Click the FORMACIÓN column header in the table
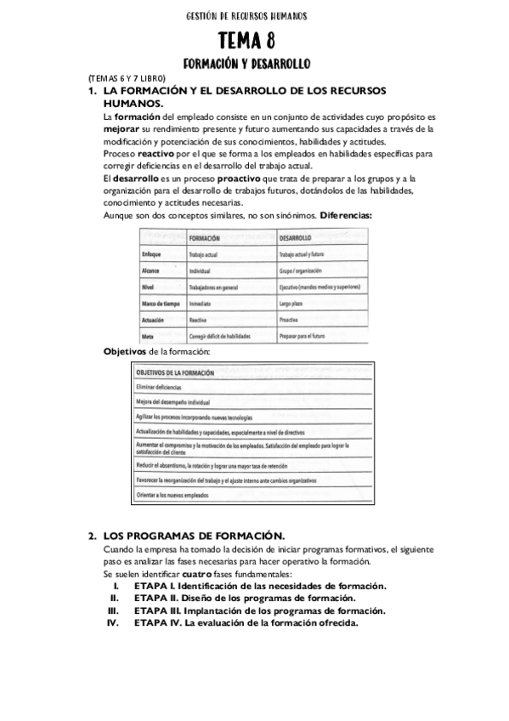click(x=205, y=239)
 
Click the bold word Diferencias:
click(x=344, y=215)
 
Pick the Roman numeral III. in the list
click(x=113, y=610)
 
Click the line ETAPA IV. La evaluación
click(x=246, y=622)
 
